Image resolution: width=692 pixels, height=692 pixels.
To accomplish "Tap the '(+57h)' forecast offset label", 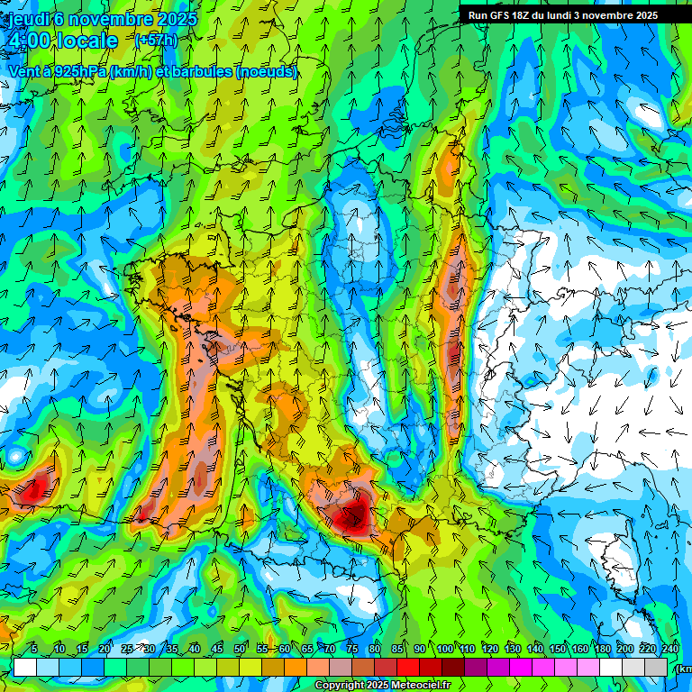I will click(156, 40).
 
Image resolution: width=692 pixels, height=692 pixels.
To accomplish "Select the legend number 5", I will click(34, 649).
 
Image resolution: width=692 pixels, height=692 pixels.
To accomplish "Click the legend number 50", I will click(240, 649).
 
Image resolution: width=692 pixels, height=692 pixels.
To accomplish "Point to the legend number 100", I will click(444, 649).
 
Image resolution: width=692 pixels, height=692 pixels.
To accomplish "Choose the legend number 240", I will click(670, 649).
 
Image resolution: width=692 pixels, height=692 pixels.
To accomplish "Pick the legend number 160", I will click(580, 649).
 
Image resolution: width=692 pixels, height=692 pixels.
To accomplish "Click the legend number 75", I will click(353, 649).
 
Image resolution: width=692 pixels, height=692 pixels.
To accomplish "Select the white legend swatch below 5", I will click(24, 667).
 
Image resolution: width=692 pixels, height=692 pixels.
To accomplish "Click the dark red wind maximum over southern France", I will click(351, 517).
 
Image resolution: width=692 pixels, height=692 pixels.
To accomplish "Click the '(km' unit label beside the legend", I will click(683, 668).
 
